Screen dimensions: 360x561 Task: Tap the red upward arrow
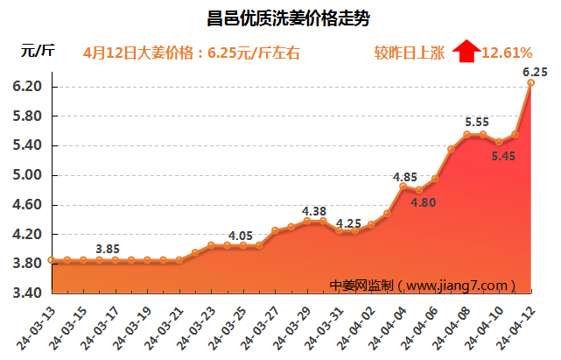(466, 52)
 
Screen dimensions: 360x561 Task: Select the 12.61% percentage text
(507, 53)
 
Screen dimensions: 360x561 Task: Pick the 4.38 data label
(313, 211)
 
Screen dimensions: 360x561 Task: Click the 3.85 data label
(108, 249)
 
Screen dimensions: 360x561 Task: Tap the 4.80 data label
(424, 203)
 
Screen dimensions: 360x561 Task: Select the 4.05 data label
(241, 236)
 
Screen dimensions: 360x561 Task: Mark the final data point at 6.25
(531, 82)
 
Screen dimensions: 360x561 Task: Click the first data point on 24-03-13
(52, 260)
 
